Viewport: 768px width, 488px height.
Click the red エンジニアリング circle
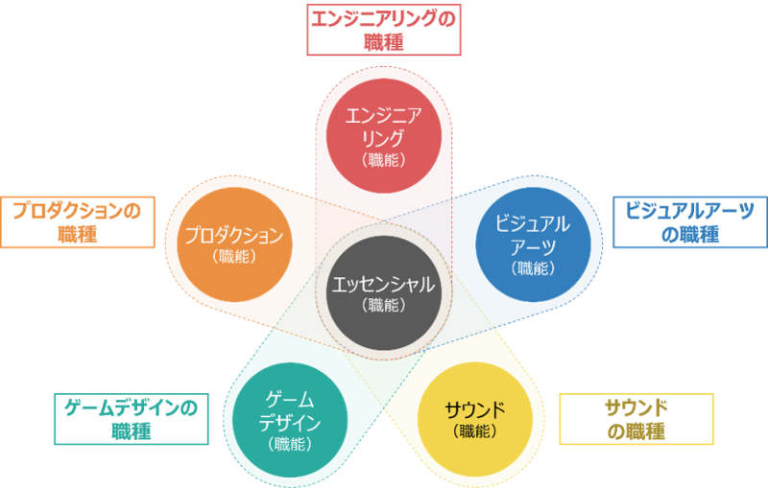coord(384,136)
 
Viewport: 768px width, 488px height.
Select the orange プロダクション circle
coord(234,244)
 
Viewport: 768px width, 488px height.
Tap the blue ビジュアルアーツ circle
coord(534,244)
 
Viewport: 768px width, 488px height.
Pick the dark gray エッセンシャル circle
coord(384,292)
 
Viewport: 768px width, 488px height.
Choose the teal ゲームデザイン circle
coord(290,420)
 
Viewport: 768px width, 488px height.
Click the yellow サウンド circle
coord(475,419)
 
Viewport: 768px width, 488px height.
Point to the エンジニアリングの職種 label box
coord(384,30)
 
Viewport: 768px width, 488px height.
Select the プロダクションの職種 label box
coord(78,222)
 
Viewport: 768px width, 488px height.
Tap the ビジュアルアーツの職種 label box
coord(690,222)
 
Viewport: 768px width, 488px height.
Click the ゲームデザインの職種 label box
coord(132,419)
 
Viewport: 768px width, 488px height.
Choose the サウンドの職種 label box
coord(636,419)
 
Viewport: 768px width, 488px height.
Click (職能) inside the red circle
coord(384,160)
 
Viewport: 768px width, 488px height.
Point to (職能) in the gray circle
coord(384,305)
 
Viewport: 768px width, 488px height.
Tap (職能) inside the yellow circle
coord(475,430)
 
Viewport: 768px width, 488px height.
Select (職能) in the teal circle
coord(290,444)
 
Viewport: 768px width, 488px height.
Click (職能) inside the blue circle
coord(534,267)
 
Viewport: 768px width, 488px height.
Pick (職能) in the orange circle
coord(234,256)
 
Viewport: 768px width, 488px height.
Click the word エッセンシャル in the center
coord(383,285)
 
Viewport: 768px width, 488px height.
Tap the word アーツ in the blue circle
coord(534,247)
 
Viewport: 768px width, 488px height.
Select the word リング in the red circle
coord(383,138)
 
